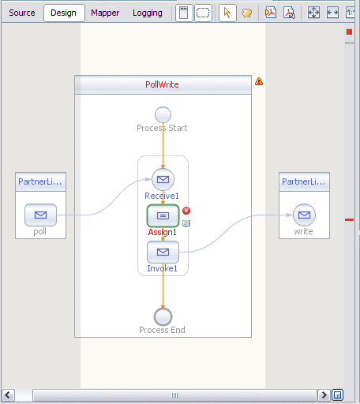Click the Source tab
click(x=22, y=13)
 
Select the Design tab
click(x=63, y=13)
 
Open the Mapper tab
click(x=105, y=13)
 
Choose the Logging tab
click(x=148, y=13)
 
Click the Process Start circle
click(x=163, y=114)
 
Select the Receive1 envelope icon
click(x=163, y=179)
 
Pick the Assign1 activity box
click(x=163, y=215)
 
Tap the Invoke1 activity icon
click(x=163, y=252)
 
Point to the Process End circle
click(x=163, y=316)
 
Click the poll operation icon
click(x=40, y=214)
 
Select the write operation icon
click(x=304, y=214)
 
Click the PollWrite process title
click(x=162, y=84)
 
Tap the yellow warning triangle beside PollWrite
click(x=259, y=81)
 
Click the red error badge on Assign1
click(x=186, y=210)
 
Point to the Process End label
click(x=162, y=330)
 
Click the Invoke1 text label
click(x=162, y=268)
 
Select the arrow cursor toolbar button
click(x=227, y=13)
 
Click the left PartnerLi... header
click(x=40, y=181)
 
